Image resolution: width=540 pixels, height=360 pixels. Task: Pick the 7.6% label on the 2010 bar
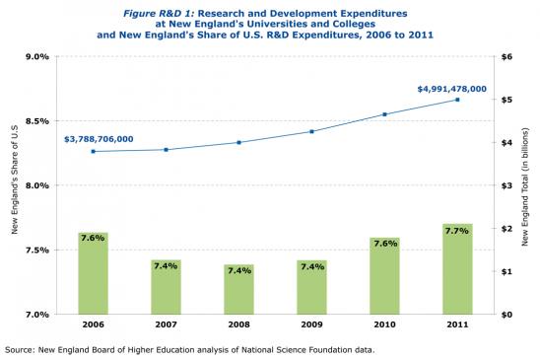tap(384, 243)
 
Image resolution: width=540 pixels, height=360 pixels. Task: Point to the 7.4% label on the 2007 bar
tap(166, 265)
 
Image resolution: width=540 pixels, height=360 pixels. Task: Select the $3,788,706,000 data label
tap(99, 139)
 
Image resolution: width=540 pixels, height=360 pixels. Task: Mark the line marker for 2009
tap(311, 131)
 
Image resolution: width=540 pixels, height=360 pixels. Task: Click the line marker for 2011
tap(457, 100)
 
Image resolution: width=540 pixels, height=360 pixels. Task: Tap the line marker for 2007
tap(166, 150)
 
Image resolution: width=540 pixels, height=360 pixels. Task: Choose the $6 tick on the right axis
tap(507, 57)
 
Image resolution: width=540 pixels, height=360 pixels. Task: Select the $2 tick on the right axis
tap(507, 229)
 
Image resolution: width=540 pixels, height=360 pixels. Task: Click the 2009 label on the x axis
tap(311, 324)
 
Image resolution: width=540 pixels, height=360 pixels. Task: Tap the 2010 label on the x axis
tap(384, 324)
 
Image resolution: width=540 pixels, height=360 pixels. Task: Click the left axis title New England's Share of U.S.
tap(15, 185)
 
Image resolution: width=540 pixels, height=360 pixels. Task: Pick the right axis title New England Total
tap(526, 185)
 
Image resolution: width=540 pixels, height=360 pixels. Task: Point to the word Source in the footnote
tap(22, 349)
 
